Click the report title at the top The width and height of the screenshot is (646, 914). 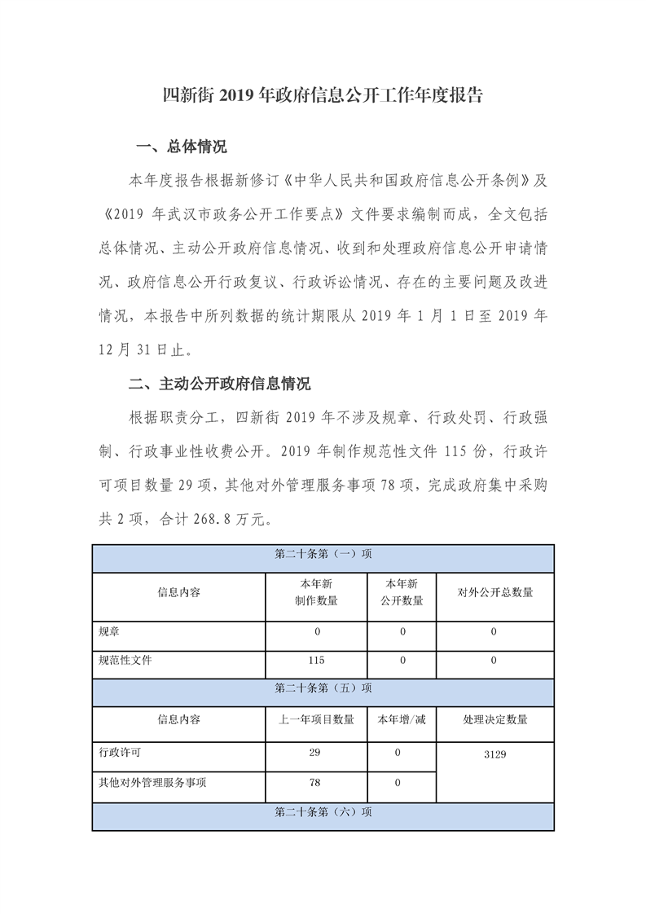(323, 95)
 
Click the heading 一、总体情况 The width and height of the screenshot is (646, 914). (181, 147)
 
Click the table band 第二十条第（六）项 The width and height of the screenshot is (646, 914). (323, 812)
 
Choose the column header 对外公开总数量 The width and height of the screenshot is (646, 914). (494, 592)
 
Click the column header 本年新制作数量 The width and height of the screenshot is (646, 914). (316, 592)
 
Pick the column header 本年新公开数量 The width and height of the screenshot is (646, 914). (402, 592)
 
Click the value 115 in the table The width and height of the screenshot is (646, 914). (316, 661)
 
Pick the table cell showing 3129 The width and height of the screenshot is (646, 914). (494, 754)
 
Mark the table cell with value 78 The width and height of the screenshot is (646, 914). (315, 783)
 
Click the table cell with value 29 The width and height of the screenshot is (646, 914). (315, 754)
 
